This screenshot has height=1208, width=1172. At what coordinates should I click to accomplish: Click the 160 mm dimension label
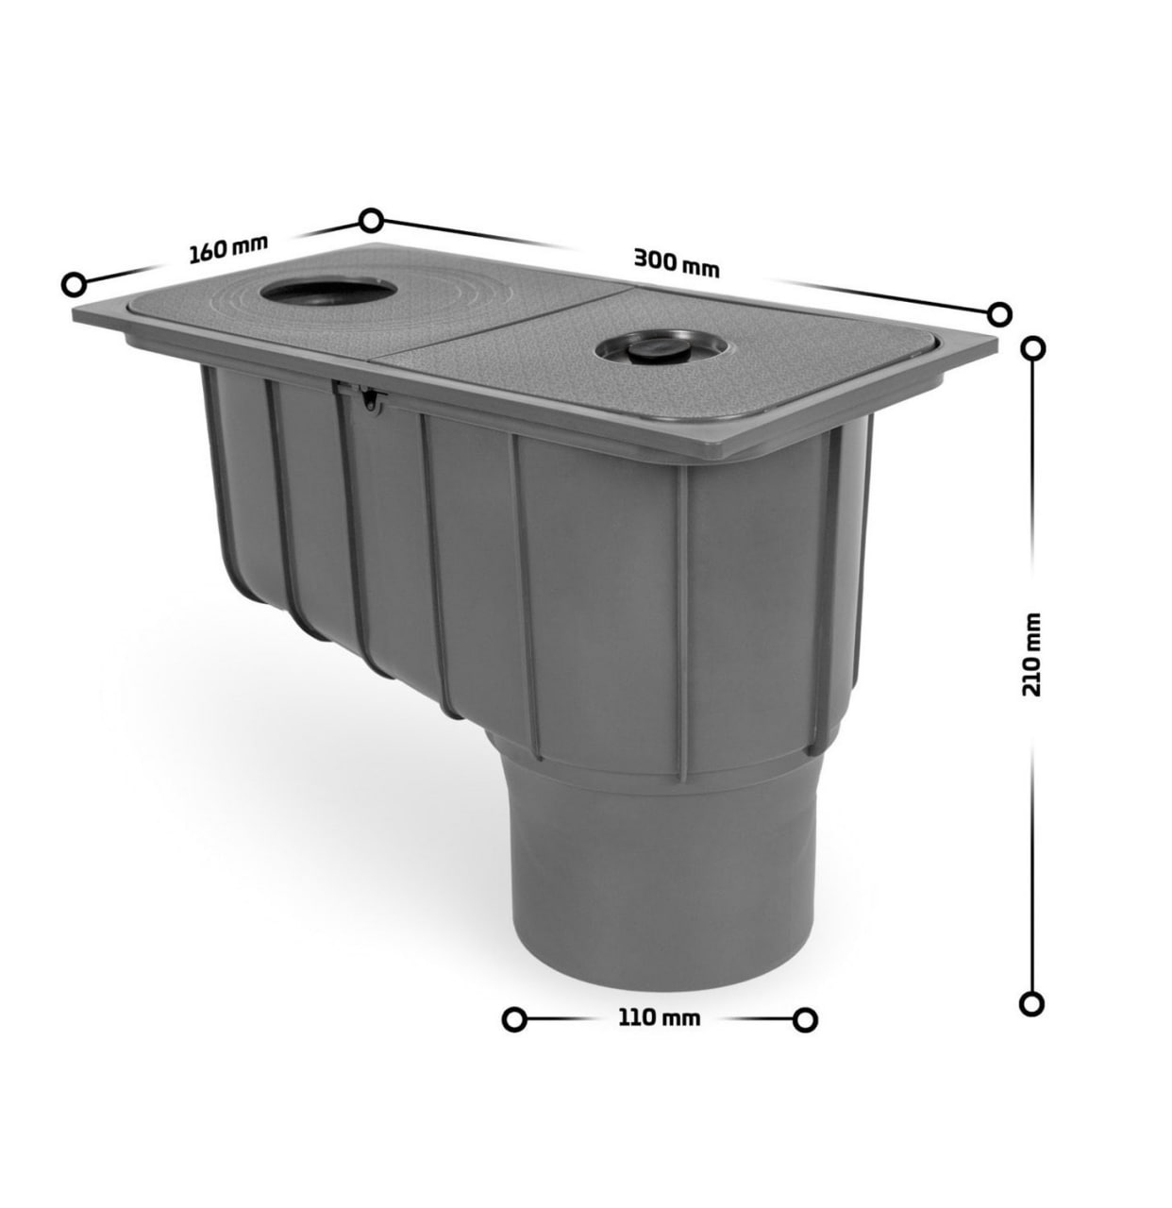228,249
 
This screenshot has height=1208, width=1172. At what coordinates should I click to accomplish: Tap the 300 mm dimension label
677,262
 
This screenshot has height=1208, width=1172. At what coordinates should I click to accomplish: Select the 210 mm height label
1031,655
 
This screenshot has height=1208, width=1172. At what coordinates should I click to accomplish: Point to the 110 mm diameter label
660,1018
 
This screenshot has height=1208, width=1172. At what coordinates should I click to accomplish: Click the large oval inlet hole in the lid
328,291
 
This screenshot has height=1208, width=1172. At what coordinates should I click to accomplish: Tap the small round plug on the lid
660,348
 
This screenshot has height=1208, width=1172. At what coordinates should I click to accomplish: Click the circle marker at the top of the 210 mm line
1033,349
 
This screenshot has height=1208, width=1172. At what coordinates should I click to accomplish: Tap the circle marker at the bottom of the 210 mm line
1031,1004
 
